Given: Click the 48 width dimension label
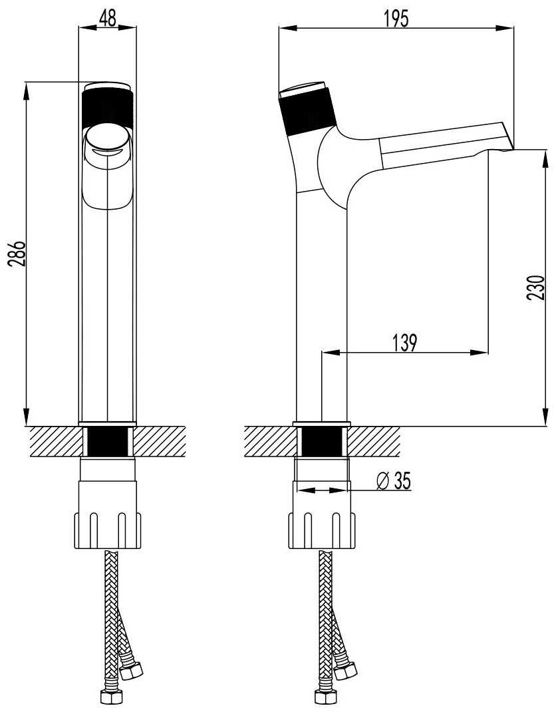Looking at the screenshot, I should point(107,18).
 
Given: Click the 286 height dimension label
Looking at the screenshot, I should point(17,254).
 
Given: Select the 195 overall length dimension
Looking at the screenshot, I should point(396,19).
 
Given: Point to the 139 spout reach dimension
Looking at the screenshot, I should point(404,343).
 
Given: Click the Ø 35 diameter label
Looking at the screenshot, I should point(394,481).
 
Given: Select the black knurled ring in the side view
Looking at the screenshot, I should point(307,114).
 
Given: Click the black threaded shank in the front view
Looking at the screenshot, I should point(107,442).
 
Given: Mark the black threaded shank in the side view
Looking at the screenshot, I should point(322,442).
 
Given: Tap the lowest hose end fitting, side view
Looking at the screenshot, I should point(323,696).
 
